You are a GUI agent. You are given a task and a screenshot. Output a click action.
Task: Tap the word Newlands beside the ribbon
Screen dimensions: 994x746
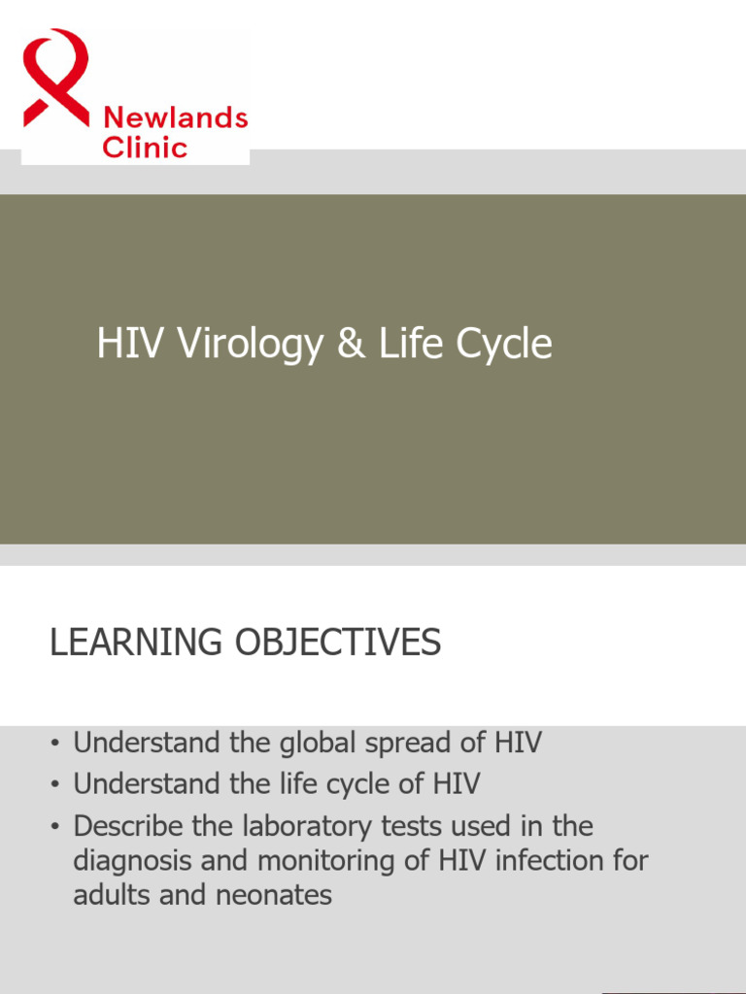click(175, 118)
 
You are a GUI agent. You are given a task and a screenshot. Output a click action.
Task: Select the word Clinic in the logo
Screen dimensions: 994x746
click(145, 149)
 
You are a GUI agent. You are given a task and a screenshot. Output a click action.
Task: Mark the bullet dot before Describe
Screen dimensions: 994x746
click(56, 827)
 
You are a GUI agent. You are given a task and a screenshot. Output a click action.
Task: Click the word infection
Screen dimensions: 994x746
click(548, 860)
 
